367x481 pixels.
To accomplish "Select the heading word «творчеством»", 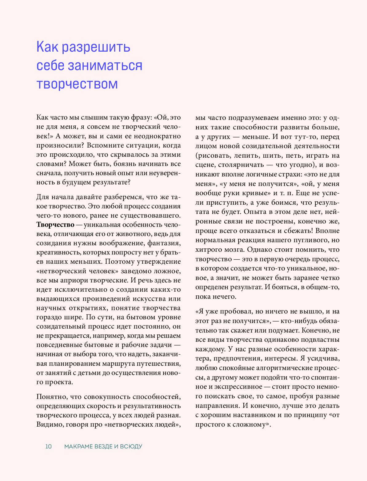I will [77, 84].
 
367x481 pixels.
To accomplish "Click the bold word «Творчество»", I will [55, 225].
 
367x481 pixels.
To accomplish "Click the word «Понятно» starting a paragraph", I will [51, 397].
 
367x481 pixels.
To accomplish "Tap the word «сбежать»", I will [293, 231].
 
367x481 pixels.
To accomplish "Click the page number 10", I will [49, 446].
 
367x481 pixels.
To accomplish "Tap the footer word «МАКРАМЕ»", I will [78, 446].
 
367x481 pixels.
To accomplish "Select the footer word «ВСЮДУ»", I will [131, 446].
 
